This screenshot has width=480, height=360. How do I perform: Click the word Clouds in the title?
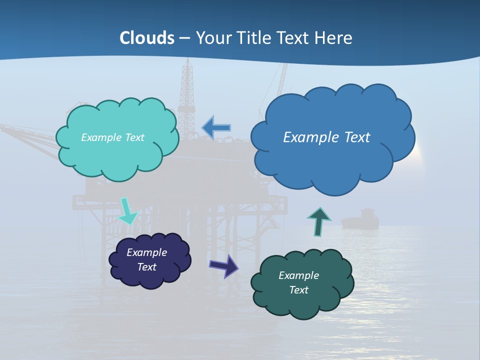point(147,38)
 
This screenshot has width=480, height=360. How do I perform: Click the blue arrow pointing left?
point(216,127)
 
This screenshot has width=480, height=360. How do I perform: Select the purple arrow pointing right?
point(223,266)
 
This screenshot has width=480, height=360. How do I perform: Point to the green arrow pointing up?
point(318,221)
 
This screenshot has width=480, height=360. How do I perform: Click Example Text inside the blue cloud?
point(326,137)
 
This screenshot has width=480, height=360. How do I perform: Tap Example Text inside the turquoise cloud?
point(112,137)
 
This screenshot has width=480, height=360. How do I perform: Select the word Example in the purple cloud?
point(146,252)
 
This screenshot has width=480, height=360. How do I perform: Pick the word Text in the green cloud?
point(298,290)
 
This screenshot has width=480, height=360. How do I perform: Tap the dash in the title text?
point(184,38)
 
